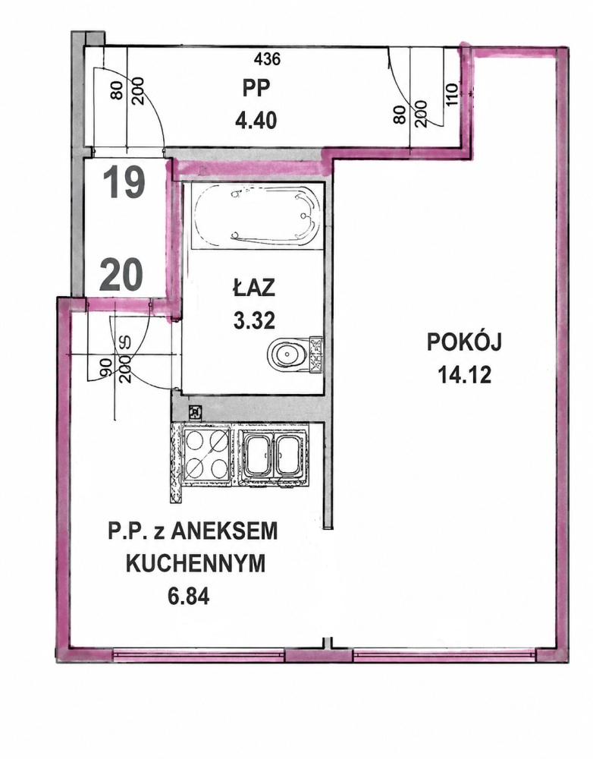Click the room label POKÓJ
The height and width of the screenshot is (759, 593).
coord(464,342)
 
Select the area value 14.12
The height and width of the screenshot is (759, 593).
coord(464,374)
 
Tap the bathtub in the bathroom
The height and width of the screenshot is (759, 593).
coord(256,216)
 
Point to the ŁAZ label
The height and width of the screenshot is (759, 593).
coord(254,288)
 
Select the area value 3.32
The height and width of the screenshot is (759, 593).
coord(254,320)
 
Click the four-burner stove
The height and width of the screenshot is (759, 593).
coord(206,453)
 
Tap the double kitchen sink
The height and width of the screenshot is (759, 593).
coord(271,455)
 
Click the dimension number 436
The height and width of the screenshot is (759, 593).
coord(267,59)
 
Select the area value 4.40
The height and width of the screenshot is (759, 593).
coord(256,120)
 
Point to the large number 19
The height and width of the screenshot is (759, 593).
coord(125,183)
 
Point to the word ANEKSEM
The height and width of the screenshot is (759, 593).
coord(225,531)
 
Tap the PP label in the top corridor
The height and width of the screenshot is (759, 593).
coord(256,88)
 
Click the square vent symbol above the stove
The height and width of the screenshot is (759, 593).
coord(196,412)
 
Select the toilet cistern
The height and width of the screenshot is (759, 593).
coord(315,354)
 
